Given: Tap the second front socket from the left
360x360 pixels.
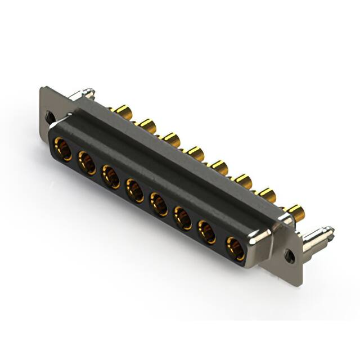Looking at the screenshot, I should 87,163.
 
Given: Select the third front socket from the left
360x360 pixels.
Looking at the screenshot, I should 111,175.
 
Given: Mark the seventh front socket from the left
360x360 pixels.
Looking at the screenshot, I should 208,231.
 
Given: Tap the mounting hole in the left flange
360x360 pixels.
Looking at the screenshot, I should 49,118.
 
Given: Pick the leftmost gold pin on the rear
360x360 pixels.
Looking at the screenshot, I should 120,110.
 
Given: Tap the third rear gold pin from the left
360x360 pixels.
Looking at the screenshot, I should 171,138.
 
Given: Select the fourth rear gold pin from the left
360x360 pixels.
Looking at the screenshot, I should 195,152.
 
